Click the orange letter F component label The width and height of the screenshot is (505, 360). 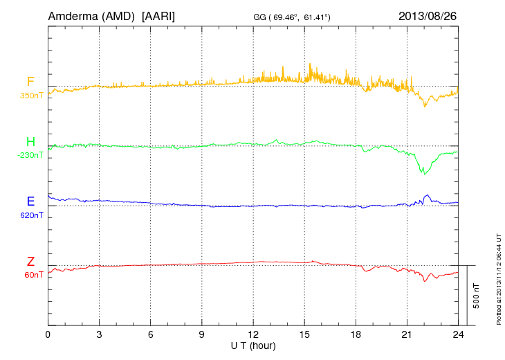click(x=30, y=82)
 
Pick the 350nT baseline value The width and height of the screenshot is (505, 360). click(x=31, y=95)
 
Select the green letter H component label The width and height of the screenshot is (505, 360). click(x=30, y=142)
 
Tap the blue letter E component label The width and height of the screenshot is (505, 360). click(x=30, y=202)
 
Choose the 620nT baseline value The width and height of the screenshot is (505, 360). click(x=31, y=215)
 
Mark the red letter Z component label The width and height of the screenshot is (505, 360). click(x=30, y=262)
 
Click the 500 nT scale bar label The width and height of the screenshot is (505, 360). click(x=477, y=296)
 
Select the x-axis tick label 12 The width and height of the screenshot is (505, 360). click(x=253, y=335)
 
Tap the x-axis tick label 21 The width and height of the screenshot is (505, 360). click(x=407, y=335)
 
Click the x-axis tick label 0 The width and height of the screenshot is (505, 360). click(x=48, y=335)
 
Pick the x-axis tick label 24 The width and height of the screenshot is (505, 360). click(x=458, y=335)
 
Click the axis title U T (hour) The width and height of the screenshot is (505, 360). click(x=253, y=345)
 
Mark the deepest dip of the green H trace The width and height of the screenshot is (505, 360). click(x=425, y=173)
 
